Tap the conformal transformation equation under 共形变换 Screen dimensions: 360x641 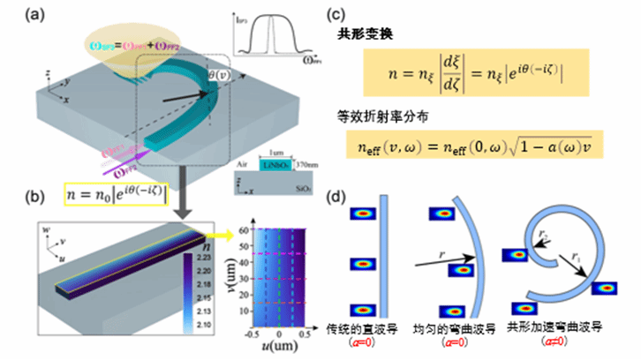[x=480, y=71]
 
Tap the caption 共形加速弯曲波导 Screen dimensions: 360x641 [x=553, y=326]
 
